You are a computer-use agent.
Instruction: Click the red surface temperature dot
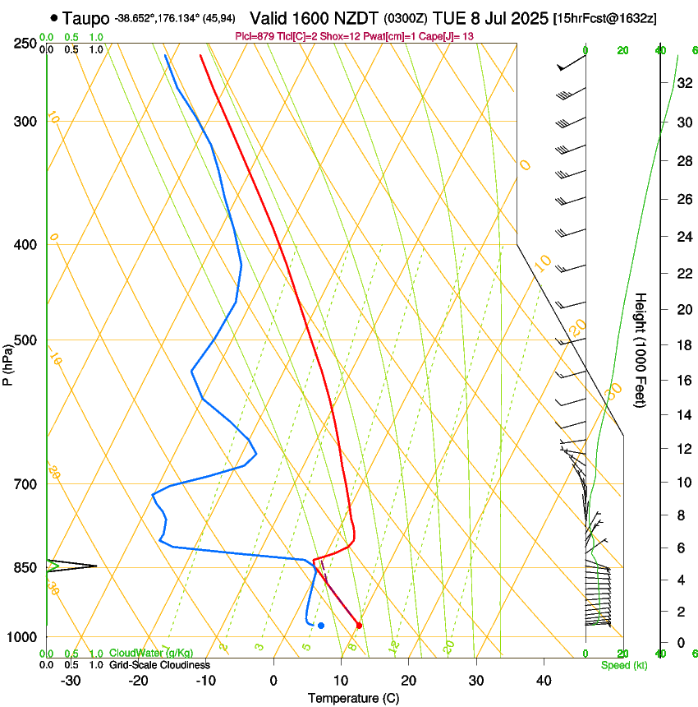point(359,626)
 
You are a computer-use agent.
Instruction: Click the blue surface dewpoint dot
point(321,626)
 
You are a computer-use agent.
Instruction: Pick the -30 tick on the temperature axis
point(71,681)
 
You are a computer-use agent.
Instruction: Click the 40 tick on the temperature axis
point(544,681)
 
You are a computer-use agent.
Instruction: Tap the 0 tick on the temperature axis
point(273,681)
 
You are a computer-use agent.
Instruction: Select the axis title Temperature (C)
point(353,698)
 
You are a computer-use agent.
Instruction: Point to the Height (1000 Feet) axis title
point(641,350)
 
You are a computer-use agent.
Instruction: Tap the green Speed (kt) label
point(623,665)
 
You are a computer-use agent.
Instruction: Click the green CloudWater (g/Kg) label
point(151,654)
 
